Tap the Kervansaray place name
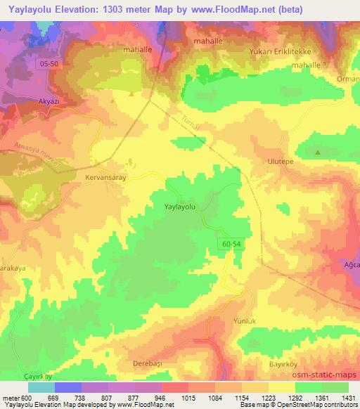click(x=105, y=178)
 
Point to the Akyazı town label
click(x=42, y=102)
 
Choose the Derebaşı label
click(x=148, y=363)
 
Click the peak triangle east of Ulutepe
click(x=318, y=152)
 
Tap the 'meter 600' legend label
click(x=15, y=399)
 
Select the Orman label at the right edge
click(x=347, y=79)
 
